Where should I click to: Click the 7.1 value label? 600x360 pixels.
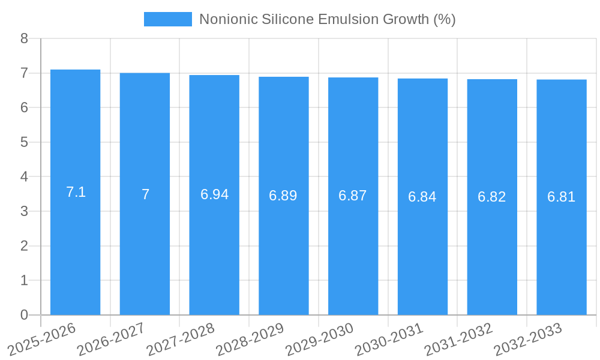tap(76, 193)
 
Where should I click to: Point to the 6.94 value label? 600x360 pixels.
tap(214, 195)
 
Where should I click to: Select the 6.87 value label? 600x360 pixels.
tap(353, 196)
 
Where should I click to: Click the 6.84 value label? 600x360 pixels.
tap(422, 197)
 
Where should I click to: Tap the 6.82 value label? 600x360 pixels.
tap(492, 197)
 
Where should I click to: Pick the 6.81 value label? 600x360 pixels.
tap(561, 197)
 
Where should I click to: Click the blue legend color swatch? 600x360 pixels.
tap(168, 19)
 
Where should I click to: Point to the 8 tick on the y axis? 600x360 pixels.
tap(24, 38)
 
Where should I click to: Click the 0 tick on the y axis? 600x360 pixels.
tap(24, 315)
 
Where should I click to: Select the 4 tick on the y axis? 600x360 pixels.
tap(24, 177)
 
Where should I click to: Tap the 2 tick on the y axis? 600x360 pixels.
tap(24, 246)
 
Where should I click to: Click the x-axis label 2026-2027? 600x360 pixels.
tap(111, 339)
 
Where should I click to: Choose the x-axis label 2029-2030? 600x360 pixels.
tap(319, 339)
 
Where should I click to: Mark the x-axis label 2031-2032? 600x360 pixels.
tap(458, 339)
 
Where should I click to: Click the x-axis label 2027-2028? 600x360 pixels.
tap(181, 339)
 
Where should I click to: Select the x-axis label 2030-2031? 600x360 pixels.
tap(389, 339)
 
